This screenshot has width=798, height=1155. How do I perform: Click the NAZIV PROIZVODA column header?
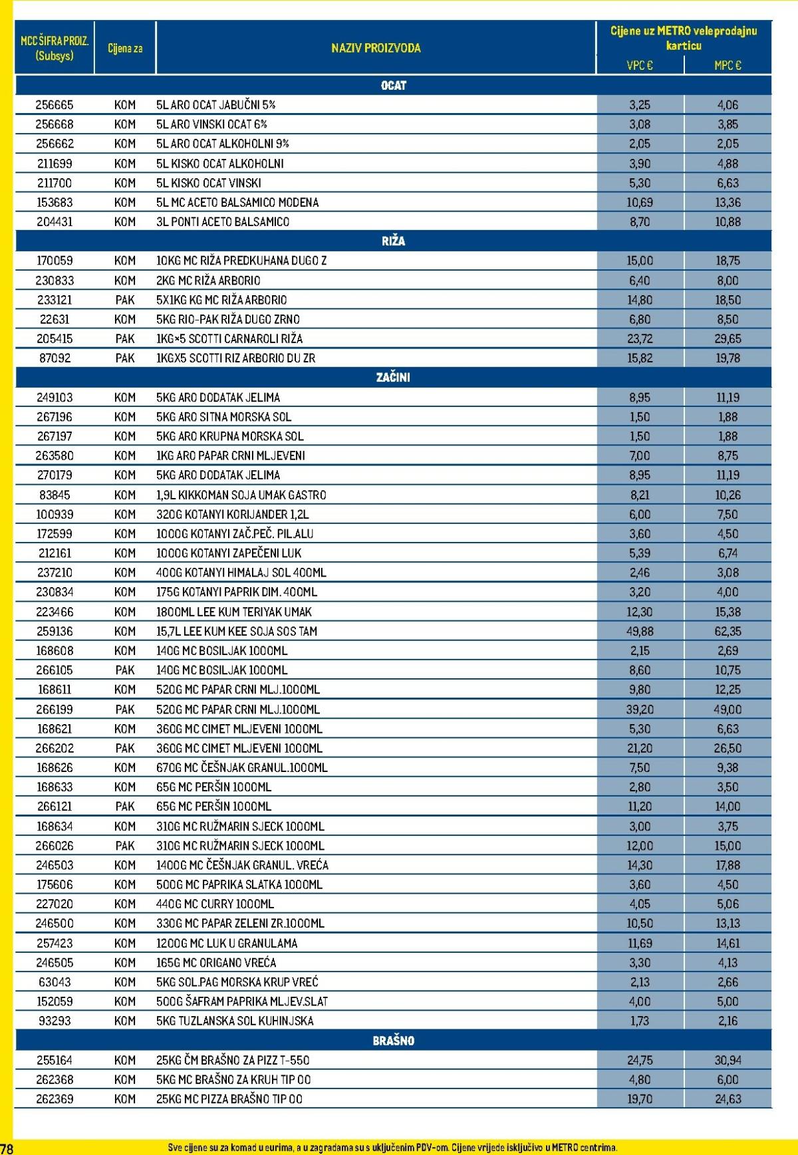(x=376, y=48)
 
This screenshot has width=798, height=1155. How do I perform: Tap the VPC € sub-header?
(x=640, y=65)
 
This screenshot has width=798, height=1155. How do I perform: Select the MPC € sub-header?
(x=728, y=65)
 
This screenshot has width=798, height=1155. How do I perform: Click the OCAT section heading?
(x=393, y=85)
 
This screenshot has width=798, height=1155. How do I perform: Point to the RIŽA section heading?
(x=393, y=241)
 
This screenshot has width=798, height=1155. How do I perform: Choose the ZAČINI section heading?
(x=393, y=377)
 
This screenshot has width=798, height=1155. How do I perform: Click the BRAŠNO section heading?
(x=393, y=1041)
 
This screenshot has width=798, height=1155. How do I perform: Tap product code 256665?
(x=55, y=104)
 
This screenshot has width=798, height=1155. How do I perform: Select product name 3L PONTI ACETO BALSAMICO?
(x=223, y=221)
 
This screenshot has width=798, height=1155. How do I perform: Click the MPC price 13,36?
(x=728, y=202)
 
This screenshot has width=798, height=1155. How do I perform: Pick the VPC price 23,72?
(x=640, y=338)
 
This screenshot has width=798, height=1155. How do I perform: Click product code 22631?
(x=55, y=319)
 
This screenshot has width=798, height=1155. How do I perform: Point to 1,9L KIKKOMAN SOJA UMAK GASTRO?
(x=241, y=495)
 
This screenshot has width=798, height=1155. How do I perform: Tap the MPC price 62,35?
(x=728, y=631)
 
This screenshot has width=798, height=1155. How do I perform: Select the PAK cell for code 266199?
(x=124, y=709)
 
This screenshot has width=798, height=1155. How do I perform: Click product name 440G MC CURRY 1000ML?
(x=215, y=904)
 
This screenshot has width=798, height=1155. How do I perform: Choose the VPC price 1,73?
(x=640, y=1021)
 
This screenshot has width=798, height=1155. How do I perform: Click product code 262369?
(x=55, y=1098)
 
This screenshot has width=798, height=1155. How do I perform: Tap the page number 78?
(x=7, y=1148)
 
